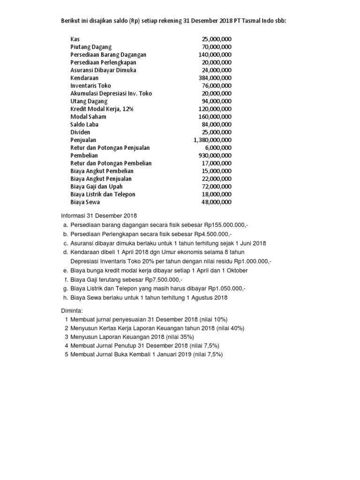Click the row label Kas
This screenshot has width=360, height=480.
click(75, 39)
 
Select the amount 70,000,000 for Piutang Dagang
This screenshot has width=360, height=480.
click(217, 47)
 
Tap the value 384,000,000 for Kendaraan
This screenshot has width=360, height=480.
click(215, 78)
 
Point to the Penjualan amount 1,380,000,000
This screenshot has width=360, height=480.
click(212, 140)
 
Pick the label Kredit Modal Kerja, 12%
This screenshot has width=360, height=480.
click(102, 109)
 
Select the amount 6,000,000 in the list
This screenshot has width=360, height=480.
click(218, 148)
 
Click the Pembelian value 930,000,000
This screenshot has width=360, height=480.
click(215, 155)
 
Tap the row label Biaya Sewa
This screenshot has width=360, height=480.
click(85, 202)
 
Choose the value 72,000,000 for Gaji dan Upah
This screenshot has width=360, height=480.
click(217, 187)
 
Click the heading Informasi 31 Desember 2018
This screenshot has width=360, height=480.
click(99, 216)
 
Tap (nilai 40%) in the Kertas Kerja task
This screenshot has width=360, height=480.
click(230, 328)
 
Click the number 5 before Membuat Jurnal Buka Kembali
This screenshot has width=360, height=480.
click(66, 355)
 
